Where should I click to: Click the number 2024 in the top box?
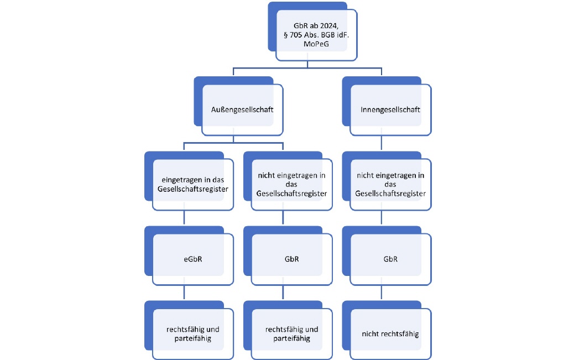point(329,26)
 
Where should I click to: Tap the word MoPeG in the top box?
point(316,44)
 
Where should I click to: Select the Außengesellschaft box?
point(238,106)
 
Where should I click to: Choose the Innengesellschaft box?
point(387,106)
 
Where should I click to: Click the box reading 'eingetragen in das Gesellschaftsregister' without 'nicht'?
point(189,181)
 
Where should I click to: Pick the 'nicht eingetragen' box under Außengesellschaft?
point(288,181)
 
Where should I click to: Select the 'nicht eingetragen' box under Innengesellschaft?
point(387,181)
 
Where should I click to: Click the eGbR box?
point(189,255)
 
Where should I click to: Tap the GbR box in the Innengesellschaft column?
point(387,255)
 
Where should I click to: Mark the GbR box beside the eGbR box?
point(288,255)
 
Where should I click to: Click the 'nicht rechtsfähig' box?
point(387,330)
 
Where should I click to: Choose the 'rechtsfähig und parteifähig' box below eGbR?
point(189,330)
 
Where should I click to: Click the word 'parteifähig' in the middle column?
point(292,338)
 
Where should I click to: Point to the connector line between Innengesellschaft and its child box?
point(382,143)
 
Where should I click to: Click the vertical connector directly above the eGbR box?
point(184,218)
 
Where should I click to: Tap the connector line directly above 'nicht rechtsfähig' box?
point(382,293)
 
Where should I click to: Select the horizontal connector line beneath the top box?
point(307,68)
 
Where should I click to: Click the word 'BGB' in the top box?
point(328,35)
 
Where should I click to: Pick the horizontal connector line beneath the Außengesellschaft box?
point(233,143)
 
